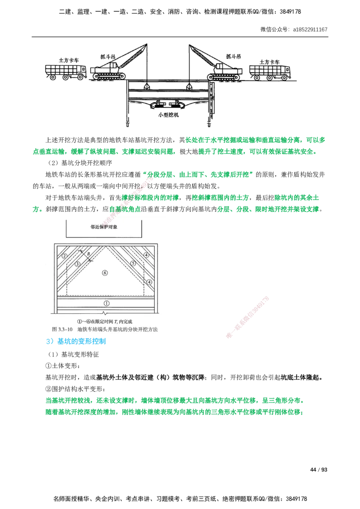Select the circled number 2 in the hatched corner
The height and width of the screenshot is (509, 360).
pos(64,256)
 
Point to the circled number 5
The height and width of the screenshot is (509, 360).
pos(133,263)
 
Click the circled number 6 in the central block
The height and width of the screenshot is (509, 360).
pos(105,273)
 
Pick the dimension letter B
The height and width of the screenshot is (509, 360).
pos(90,254)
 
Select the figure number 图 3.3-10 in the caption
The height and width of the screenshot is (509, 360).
pos(63,329)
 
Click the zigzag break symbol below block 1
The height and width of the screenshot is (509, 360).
pos(104,312)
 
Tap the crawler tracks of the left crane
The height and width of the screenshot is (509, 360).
pos(108,77)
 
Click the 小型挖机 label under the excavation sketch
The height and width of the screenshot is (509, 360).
pos(169,115)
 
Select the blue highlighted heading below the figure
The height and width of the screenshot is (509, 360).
pos(76,342)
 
